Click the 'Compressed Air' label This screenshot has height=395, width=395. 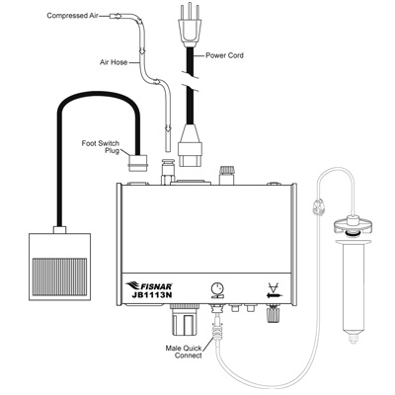(72, 16)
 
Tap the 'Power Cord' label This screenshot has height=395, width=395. (224, 55)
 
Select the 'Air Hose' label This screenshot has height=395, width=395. (114, 62)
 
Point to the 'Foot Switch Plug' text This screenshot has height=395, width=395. (101, 147)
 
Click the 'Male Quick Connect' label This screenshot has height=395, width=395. (184, 352)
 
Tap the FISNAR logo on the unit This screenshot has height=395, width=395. (149, 285)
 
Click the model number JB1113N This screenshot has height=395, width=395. (152, 295)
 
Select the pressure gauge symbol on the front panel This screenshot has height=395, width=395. (216, 289)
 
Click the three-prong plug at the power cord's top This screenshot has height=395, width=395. (190, 27)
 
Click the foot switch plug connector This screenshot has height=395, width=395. (138, 164)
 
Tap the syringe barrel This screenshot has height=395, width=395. (353, 284)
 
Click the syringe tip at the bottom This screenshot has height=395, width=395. (353, 338)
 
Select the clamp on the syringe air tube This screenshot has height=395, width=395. (319, 207)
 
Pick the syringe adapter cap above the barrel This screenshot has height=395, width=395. (353, 226)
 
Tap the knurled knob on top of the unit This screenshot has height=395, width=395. (226, 175)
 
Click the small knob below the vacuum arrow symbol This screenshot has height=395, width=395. (273, 314)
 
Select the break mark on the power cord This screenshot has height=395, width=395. (191, 81)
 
